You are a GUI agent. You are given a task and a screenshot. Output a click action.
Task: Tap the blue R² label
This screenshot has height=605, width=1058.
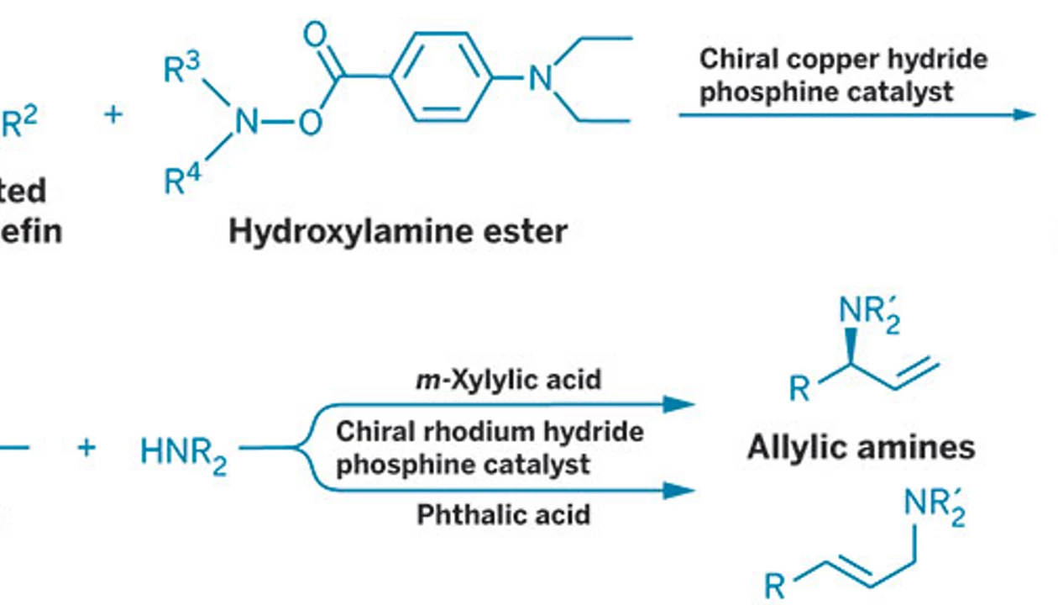[20, 124]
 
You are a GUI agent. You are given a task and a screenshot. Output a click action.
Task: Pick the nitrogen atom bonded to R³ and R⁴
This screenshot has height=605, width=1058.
[246, 124]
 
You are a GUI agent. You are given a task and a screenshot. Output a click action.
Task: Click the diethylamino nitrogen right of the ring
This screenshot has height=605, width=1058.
[542, 79]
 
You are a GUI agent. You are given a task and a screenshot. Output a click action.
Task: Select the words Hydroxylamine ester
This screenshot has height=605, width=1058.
[398, 230]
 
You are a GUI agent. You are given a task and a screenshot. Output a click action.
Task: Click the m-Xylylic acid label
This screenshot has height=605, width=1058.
[509, 379]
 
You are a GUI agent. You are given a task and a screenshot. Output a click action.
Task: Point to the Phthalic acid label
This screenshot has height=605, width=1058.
[504, 513]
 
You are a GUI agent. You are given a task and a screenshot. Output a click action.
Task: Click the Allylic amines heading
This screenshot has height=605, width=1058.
[861, 447]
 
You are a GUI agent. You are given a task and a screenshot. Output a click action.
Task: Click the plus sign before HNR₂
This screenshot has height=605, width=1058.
[86, 447]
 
